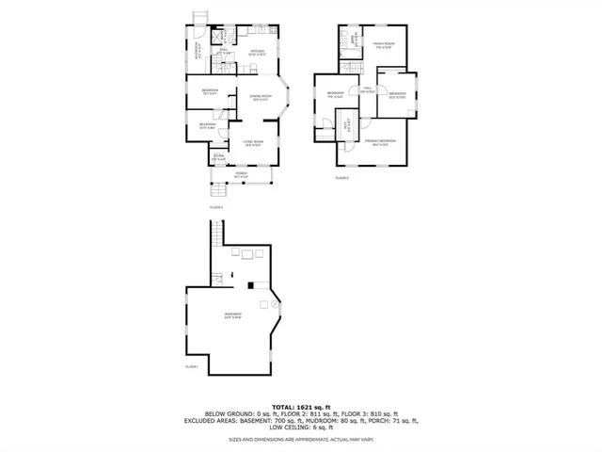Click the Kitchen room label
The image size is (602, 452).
[x=257, y=52]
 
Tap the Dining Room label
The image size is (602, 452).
[x=261, y=96]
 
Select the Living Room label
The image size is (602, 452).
[x=251, y=144]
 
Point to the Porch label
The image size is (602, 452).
[x=242, y=174]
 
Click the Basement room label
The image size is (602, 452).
[x=233, y=315]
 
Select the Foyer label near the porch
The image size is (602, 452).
[x=218, y=157]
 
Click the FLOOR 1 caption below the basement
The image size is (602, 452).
[x=192, y=365]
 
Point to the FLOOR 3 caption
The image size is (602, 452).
[x=342, y=177]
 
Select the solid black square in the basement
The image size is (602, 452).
[x=250, y=284]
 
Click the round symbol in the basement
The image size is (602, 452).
[x=275, y=303]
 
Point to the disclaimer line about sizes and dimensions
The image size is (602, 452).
[x=300, y=438]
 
